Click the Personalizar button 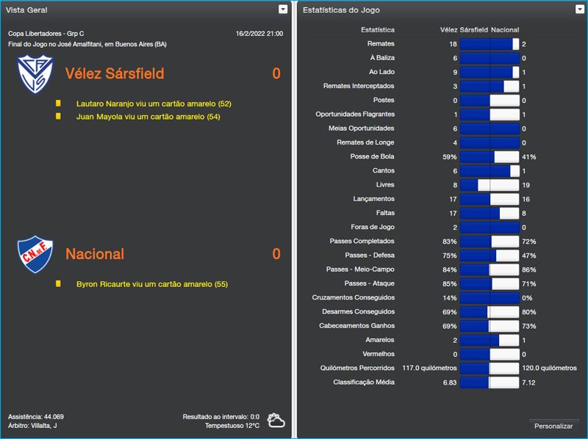tap(553, 426)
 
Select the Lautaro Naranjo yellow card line tap(154, 104)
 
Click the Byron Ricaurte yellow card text tap(152, 284)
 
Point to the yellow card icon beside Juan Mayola tap(58, 116)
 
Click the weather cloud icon tap(276, 421)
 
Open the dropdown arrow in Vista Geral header tap(283, 10)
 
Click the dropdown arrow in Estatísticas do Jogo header tap(580, 10)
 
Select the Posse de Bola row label tap(372, 156)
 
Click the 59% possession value tap(449, 156)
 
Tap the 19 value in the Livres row tap(526, 185)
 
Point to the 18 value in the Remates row tap(453, 44)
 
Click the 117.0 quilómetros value tap(430, 368)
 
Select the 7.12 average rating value tap(528, 382)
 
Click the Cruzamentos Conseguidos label tap(354, 297)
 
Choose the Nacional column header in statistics tap(505, 30)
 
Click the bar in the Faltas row tap(489, 213)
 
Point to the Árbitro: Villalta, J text tap(32, 426)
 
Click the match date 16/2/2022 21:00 tap(259, 34)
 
